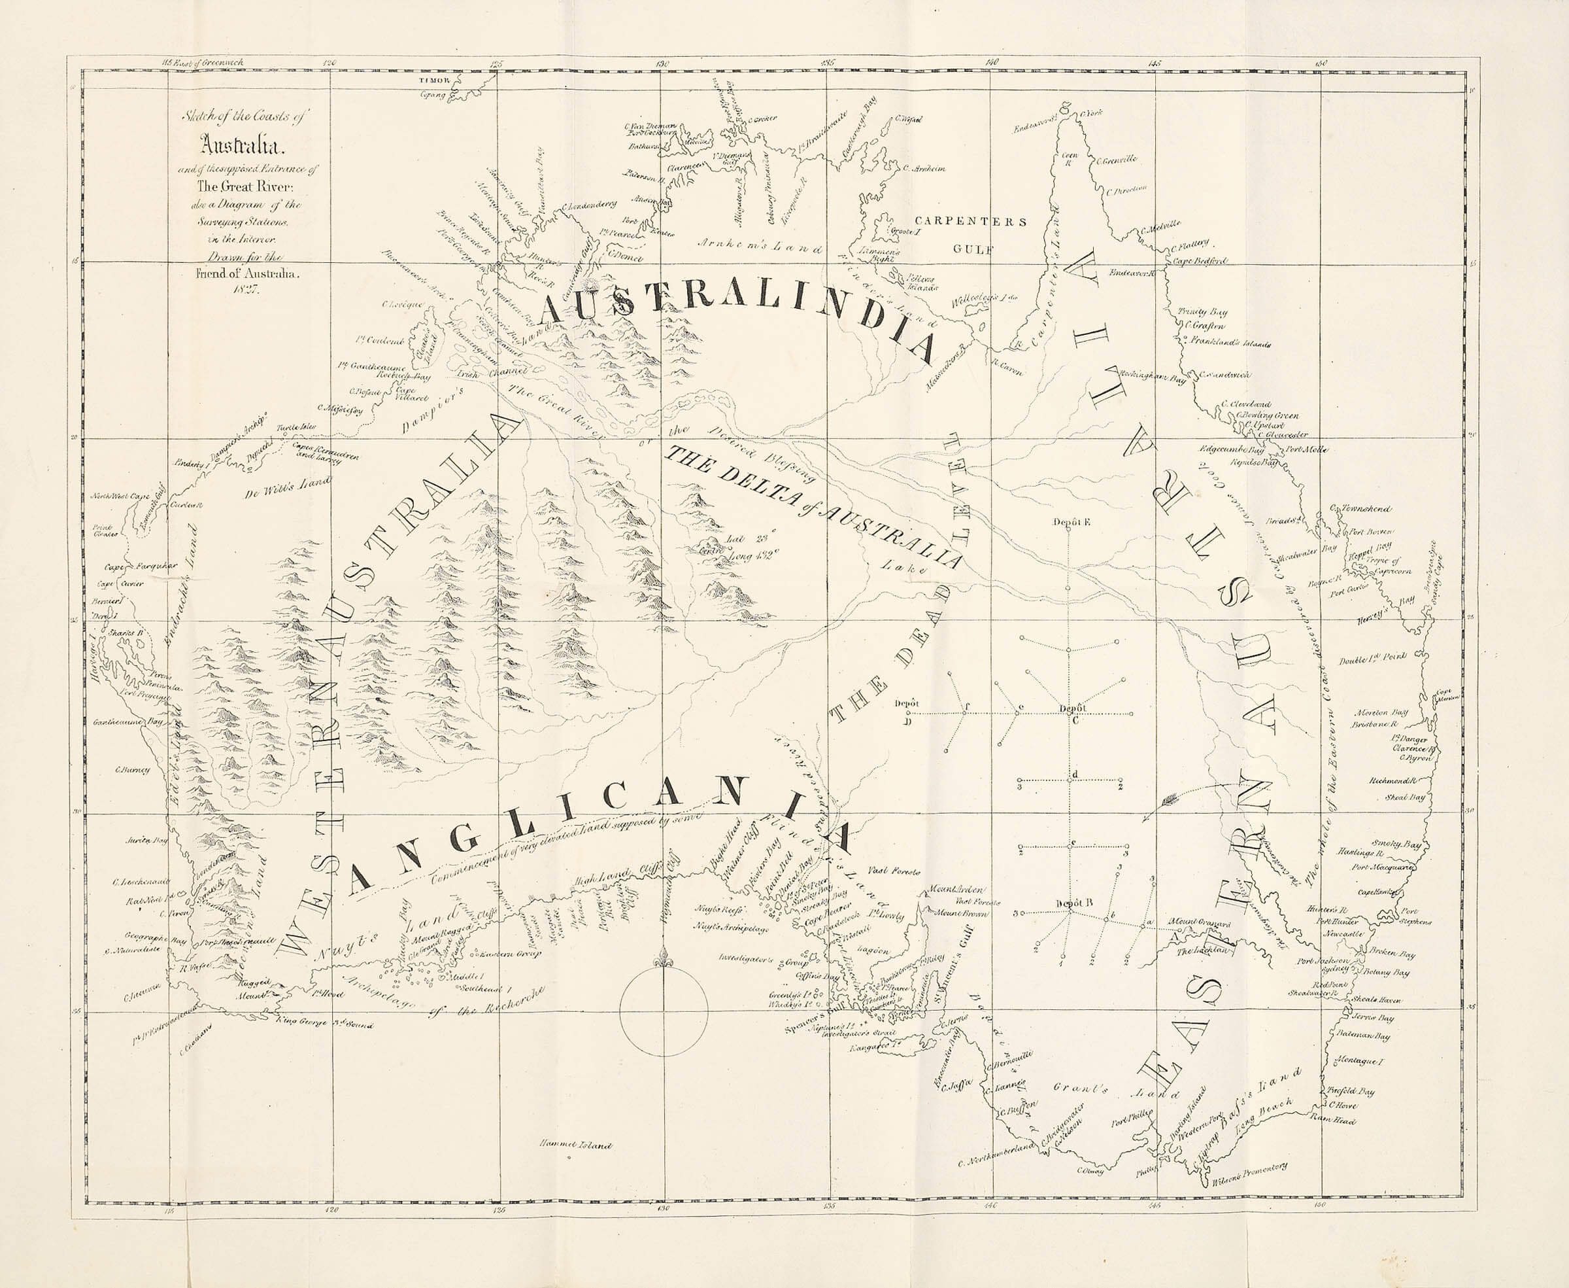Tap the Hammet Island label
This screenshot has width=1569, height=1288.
pyautogui.click(x=577, y=1145)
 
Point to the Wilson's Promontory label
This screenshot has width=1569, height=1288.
pyautogui.click(x=1250, y=1179)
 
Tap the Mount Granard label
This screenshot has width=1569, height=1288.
pyautogui.click(x=1199, y=924)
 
